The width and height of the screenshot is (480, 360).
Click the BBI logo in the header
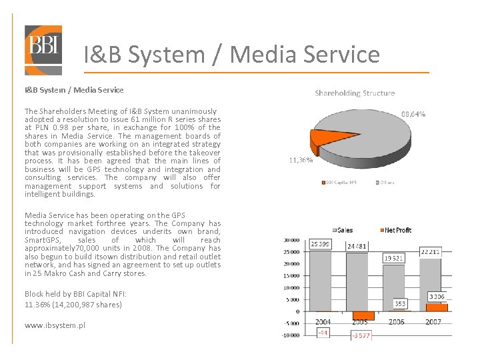(43, 49)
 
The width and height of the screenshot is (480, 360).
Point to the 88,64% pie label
(413, 114)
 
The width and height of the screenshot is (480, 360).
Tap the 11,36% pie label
(301, 160)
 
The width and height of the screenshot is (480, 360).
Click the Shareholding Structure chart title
(355, 93)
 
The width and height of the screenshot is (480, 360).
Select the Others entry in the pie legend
(386, 181)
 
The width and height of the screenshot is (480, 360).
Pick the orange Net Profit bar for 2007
(437, 307)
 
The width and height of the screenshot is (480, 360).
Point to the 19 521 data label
(394, 258)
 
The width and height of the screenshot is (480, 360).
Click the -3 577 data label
(361, 335)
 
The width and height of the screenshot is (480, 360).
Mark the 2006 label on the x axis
(396, 321)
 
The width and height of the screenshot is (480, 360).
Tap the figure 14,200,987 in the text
(74, 304)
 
